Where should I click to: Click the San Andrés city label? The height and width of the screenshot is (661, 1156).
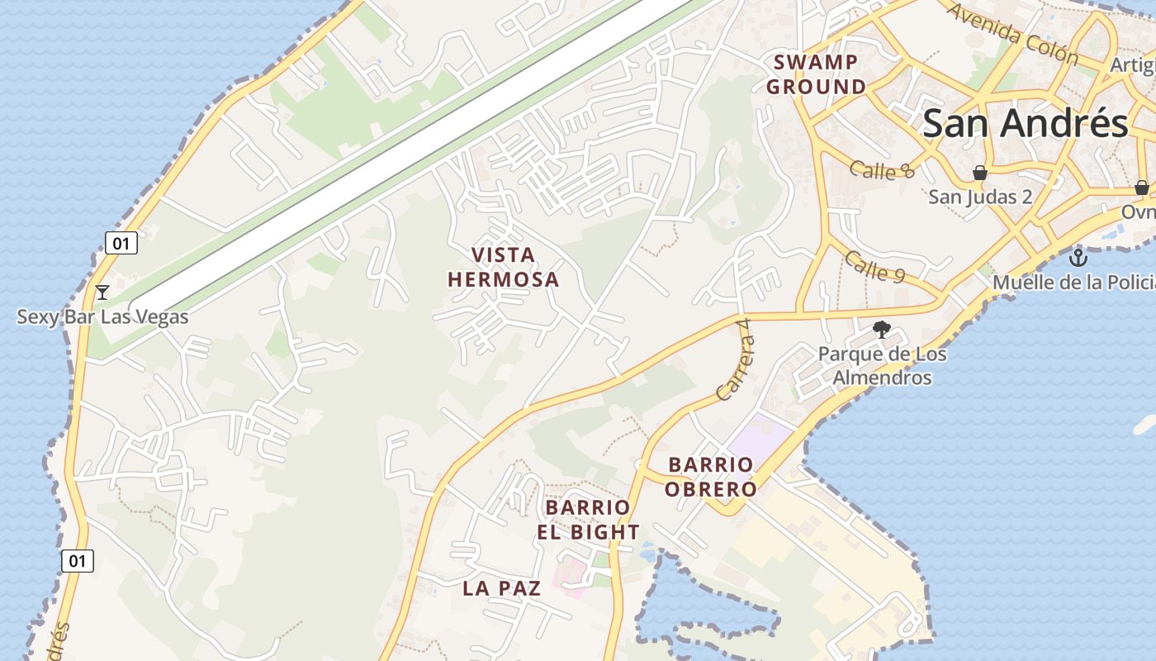click(x=1025, y=124)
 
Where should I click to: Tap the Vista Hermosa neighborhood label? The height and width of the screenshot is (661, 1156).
click(x=504, y=267)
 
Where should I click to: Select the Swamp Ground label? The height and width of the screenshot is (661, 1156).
click(x=816, y=74)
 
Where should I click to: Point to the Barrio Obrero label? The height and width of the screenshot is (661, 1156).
click(x=711, y=477)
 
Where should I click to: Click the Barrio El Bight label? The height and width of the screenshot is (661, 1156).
click(x=588, y=520)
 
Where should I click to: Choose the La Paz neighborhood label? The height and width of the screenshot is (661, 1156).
click(x=502, y=588)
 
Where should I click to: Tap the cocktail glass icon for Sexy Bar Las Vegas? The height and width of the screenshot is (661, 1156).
click(x=102, y=292)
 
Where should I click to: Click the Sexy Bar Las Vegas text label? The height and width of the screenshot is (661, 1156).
click(x=102, y=317)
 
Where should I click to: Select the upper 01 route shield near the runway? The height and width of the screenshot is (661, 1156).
click(x=121, y=243)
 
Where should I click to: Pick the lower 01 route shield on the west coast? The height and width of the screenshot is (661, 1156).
click(x=78, y=561)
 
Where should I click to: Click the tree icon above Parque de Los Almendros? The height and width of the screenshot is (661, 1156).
click(x=882, y=330)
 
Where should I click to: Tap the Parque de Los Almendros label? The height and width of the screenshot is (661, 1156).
click(x=882, y=365)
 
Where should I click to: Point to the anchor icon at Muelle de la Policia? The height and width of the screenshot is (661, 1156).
click(x=1078, y=258)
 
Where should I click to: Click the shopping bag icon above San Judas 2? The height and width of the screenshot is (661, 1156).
click(x=980, y=173)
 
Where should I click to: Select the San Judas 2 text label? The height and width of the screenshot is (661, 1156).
click(x=980, y=197)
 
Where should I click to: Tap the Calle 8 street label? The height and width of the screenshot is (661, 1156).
click(x=883, y=170)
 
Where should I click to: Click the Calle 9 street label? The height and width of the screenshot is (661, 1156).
click(x=874, y=266)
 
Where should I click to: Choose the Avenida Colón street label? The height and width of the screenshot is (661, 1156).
click(x=1012, y=34)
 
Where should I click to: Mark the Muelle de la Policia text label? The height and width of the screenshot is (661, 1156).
click(x=1073, y=283)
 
